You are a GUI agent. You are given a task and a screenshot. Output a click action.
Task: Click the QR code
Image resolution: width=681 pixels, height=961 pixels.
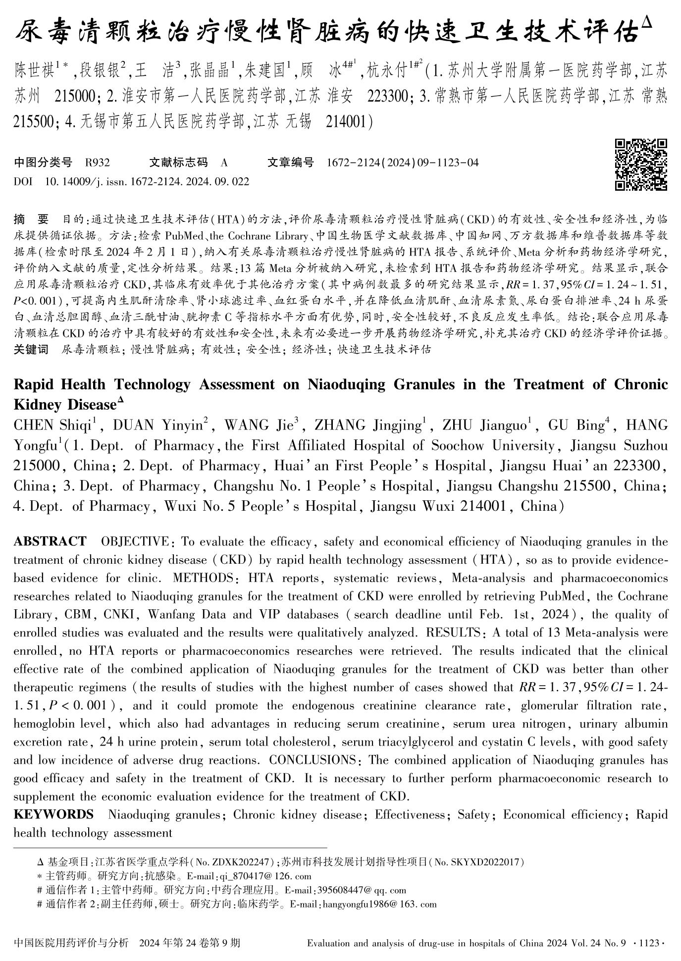[x=640, y=165]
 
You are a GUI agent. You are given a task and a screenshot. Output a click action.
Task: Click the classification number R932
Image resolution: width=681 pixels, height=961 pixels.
[x=98, y=162]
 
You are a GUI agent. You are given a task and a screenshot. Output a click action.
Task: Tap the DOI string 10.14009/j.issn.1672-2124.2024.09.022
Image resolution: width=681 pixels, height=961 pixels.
[x=147, y=182]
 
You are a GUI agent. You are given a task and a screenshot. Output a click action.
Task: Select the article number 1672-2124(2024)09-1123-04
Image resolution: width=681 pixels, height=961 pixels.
[x=403, y=162]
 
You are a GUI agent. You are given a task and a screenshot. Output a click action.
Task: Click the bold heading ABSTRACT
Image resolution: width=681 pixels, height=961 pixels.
[x=50, y=541]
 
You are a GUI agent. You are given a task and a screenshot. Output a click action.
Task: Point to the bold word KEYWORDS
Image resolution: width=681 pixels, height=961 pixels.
[x=53, y=815]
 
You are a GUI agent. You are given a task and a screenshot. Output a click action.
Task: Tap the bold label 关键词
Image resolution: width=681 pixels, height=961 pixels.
[x=31, y=350]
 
